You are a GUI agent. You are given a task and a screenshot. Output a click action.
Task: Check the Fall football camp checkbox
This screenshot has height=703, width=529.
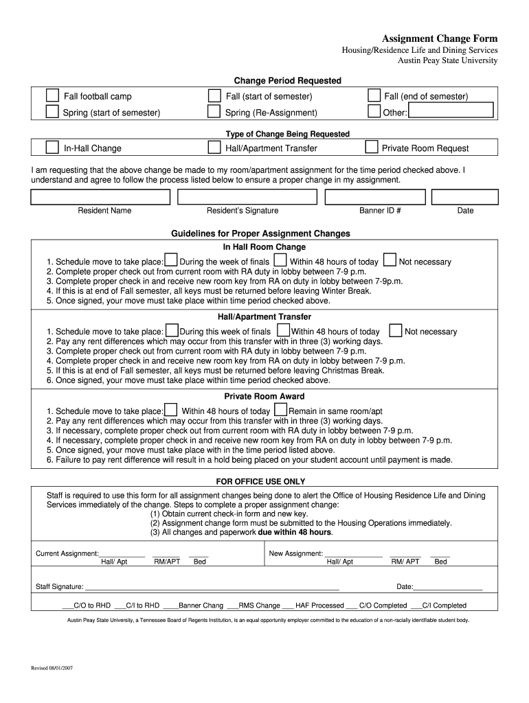tap(52, 95)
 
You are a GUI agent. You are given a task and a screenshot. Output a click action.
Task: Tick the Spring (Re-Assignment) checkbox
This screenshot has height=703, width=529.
tap(214, 112)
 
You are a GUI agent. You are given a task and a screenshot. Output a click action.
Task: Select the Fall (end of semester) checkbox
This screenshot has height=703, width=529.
tap(374, 95)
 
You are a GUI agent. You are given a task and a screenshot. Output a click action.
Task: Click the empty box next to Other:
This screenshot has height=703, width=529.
tap(450, 111)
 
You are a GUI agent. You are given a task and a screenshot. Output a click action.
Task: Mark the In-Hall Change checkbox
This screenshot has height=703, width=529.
tap(52, 147)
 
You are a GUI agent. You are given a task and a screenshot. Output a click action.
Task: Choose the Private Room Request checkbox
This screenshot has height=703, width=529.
tap(371, 147)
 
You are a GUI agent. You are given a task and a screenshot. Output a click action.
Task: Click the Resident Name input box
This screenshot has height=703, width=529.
tap(100, 197)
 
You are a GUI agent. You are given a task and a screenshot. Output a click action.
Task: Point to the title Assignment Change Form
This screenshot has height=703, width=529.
tap(440, 38)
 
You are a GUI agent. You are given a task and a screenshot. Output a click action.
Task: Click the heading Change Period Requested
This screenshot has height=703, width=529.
tap(288, 81)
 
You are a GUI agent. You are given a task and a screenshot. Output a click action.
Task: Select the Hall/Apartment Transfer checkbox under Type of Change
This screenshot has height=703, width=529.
tap(214, 147)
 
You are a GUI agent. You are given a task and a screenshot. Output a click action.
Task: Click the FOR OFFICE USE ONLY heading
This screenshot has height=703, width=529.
tap(260, 481)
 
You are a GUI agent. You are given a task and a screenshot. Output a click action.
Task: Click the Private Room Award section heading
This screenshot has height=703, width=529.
tap(264, 396)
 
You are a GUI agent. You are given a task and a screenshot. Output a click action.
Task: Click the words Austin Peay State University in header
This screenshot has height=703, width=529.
tap(449, 60)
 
